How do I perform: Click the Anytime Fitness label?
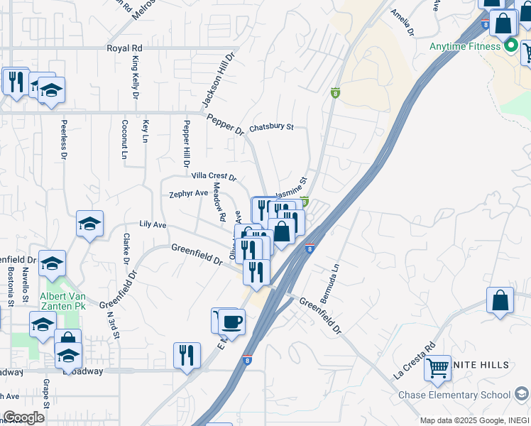click(x=464, y=47)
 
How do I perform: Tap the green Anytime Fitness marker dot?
click(x=510, y=47)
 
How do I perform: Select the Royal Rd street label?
click(x=124, y=48)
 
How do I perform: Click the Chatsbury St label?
click(x=270, y=126)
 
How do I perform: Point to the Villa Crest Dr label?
click(x=213, y=175)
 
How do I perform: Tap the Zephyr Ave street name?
click(x=188, y=193)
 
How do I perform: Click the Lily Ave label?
click(x=153, y=224)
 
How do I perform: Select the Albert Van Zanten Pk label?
click(x=62, y=300)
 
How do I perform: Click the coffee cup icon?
click(x=231, y=322)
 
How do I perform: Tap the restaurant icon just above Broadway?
click(x=187, y=355)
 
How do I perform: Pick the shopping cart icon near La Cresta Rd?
click(x=438, y=367)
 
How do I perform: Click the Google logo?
click(x=23, y=417)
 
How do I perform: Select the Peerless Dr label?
click(x=64, y=139)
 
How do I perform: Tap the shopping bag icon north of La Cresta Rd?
click(x=500, y=300)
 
